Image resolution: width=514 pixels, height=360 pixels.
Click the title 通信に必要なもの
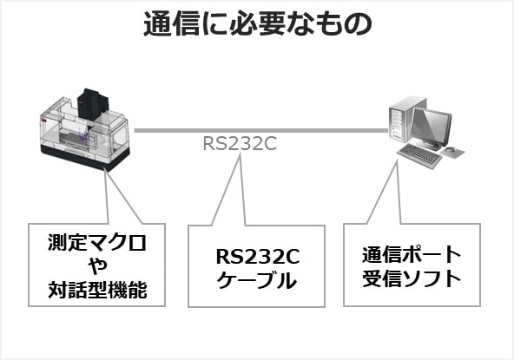(x=258, y=23)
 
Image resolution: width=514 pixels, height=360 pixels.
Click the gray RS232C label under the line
(x=240, y=143)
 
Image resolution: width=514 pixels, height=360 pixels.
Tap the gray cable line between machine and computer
(x=261, y=130)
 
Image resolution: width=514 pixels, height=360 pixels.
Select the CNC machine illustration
(x=84, y=130)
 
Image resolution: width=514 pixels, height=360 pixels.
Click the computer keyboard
(x=419, y=155)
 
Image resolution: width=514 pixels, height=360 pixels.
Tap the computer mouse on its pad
(x=451, y=150)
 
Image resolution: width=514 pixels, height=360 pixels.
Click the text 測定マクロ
(x=97, y=242)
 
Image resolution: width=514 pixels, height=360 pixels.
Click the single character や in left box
(x=97, y=265)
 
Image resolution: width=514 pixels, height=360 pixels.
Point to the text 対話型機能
(x=97, y=290)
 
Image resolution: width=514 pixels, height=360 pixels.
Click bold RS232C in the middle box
(x=257, y=257)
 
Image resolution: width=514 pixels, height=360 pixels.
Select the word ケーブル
(x=257, y=280)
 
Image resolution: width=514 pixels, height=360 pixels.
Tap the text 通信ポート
(x=412, y=255)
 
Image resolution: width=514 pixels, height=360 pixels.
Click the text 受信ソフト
(x=412, y=278)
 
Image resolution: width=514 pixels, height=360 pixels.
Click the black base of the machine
(x=84, y=157)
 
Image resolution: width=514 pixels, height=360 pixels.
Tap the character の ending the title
(x=358, y=24)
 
